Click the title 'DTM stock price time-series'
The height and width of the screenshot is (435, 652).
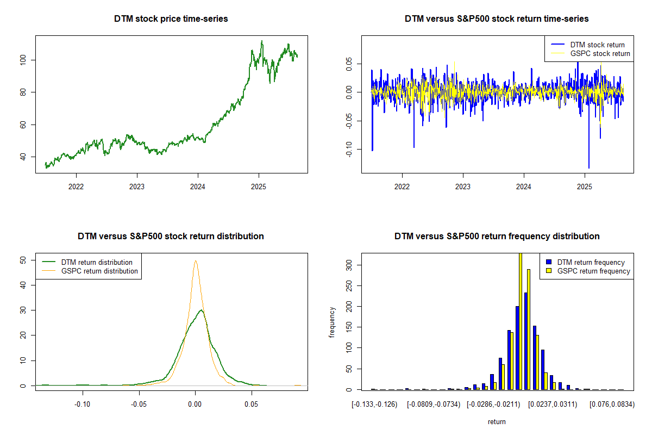[171, 19]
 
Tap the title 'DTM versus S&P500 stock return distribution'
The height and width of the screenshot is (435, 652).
[171, 237]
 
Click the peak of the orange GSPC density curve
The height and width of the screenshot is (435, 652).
[195, 260]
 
